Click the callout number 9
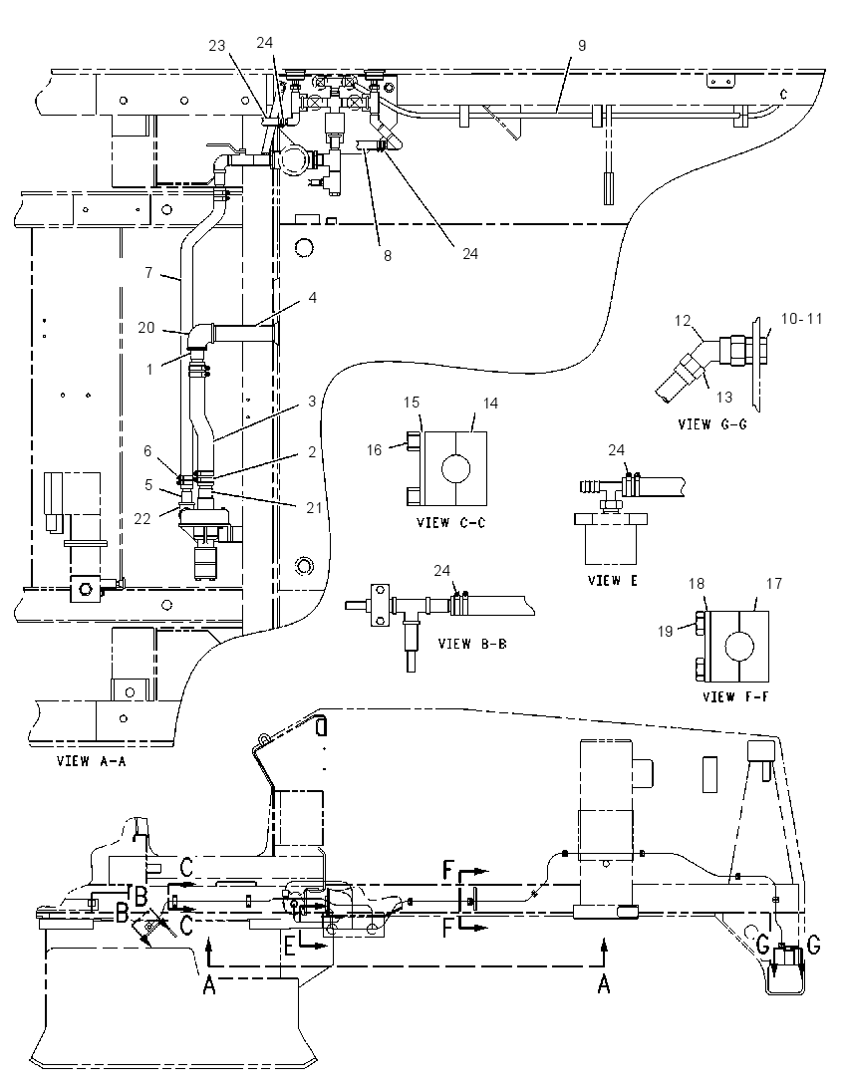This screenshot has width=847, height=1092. click(x=582, y=45)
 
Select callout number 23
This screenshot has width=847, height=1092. click(x=217, y=45)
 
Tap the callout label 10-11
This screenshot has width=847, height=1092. click(x=802, y=318)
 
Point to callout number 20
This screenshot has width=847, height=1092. click(x=146, y=327)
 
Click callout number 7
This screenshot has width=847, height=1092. click(x=148, y=272)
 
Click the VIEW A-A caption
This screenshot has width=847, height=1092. click(x=92, y=761)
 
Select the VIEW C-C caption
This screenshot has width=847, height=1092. click(x=450, y=522)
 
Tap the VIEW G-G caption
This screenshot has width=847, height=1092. click(x=711, y=423)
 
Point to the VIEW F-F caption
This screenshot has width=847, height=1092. click(x=735, y=696)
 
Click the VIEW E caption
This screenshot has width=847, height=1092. click(x=612, y=580)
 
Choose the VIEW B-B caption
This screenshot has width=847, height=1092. click(x=472, y=644)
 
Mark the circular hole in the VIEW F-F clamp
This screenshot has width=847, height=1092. click(x=739, y=647)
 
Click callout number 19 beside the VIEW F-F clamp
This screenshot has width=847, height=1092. click(x=666, y=631)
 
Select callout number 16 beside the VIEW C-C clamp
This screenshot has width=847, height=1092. click(x=374, y=450)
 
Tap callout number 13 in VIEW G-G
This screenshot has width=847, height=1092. click(x=723, y=397)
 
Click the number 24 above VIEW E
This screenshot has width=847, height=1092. click(x=617, y=450)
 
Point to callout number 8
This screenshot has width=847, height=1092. click(x=388, y=256)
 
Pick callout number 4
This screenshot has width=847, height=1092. click(x=313, y=297)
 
